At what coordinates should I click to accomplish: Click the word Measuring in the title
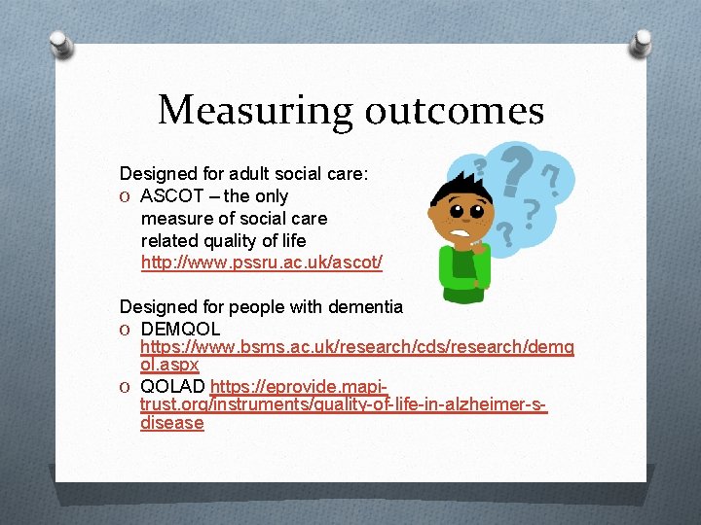tap(256, 110)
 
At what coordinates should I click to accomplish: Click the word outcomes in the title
tap(454, 110)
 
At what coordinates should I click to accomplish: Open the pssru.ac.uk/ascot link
tap(262, 262)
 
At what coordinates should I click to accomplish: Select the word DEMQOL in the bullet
tap(180, 330)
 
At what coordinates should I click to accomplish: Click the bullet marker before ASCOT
tap(126, 196)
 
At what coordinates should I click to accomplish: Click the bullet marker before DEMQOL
tap(126, 330)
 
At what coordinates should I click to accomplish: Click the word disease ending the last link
tap(172, 423)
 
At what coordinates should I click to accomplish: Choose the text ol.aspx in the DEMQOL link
tap(169, 364)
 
